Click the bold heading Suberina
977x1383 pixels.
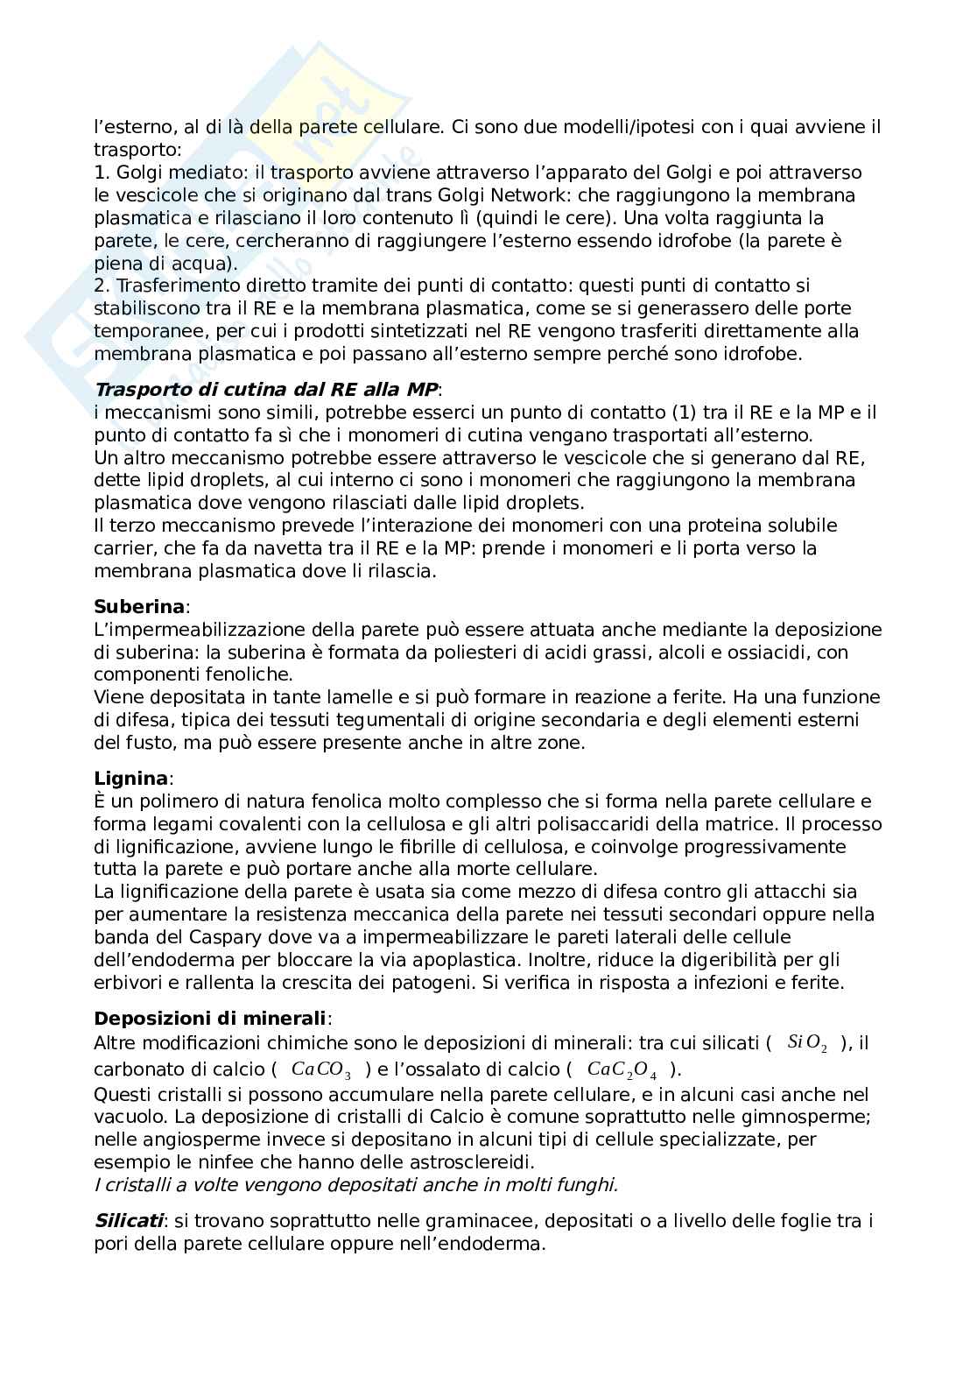click(x=139, y=606)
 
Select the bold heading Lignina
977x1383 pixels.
click(x=131, y=778)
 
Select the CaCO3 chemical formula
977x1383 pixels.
click(x=320, y=1069)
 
